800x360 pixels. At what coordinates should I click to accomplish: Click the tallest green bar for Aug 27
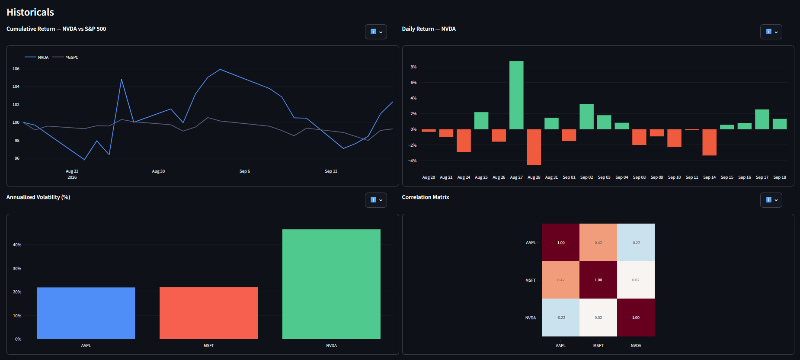pos(516,95)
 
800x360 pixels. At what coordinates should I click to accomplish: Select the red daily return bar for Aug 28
pos(534,147)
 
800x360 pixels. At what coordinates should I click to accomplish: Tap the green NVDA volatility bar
pos(331,284)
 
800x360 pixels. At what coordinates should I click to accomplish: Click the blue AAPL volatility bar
pos(86,313)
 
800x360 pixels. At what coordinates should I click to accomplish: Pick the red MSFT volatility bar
pos(208,313)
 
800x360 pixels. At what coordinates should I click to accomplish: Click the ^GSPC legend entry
pos(66,57)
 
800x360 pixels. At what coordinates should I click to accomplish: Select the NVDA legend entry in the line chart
pos(37,57)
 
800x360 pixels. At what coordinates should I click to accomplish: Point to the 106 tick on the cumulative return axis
pos(16,69)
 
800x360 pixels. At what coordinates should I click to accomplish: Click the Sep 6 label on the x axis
pos(245,171)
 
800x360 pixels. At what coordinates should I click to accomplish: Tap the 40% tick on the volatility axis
pos(17,245)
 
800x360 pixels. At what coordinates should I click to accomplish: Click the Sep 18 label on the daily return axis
pos(780,177)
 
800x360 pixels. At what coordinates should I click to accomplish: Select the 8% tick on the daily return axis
pos(413,67)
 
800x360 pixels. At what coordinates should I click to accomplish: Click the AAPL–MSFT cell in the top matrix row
pos(598,242)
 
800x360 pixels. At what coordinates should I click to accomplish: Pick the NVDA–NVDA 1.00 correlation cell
pos(636,317)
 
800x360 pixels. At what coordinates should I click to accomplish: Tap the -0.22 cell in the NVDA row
pos(560,317)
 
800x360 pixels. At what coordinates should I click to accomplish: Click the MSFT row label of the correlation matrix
pos(531,280)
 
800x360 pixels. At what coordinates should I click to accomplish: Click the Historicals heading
pos(30,12)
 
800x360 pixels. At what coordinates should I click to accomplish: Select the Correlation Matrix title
pos(426,197)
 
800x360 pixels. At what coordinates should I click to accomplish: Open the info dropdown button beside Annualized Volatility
pos(376,200)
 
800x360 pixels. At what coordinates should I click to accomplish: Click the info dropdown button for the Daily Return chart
pos(771,32)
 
